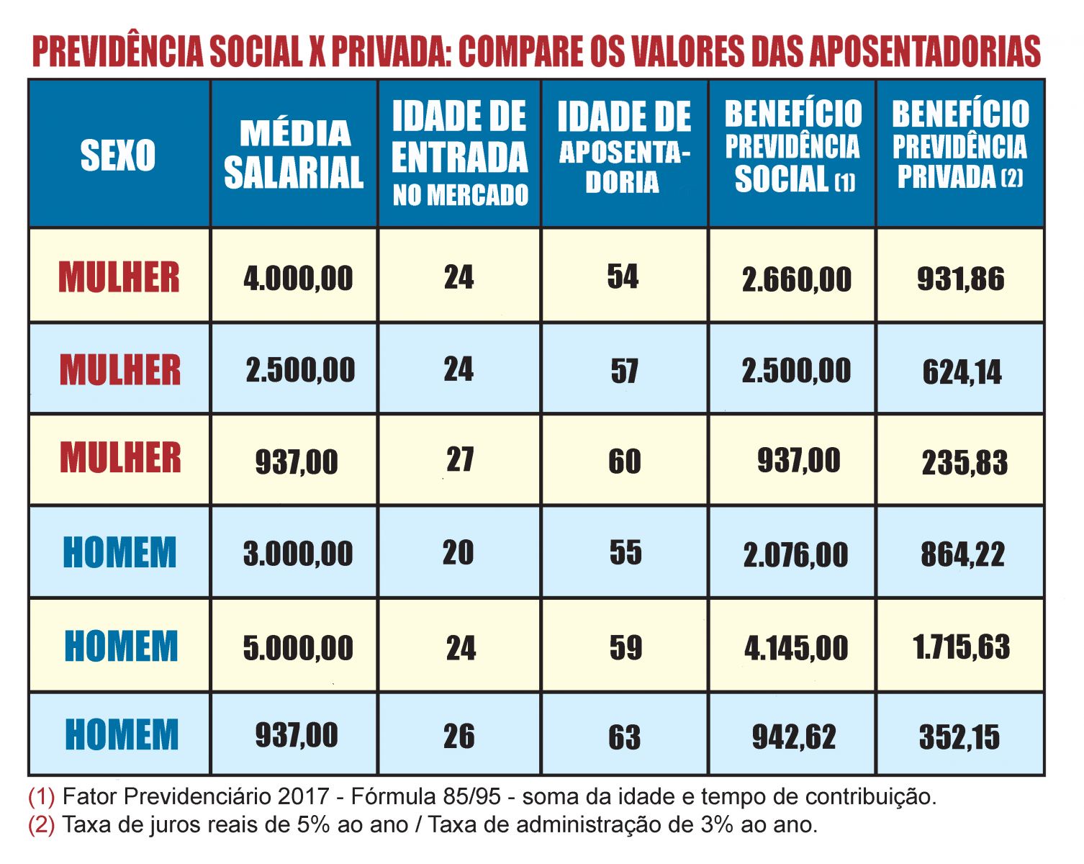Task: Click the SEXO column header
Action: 118,156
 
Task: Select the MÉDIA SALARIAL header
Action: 294,154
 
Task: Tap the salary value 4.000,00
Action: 298,279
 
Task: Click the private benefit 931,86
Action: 960,279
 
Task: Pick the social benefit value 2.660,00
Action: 796,279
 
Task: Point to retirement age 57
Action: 624,372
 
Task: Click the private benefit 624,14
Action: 962,372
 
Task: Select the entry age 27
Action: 460,460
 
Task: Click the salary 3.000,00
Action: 298,554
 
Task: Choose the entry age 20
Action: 459,553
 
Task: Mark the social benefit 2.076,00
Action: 795,555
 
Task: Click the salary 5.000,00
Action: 298,648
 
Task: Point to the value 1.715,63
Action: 962,647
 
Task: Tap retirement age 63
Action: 624,737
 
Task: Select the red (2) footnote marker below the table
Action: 41,824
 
